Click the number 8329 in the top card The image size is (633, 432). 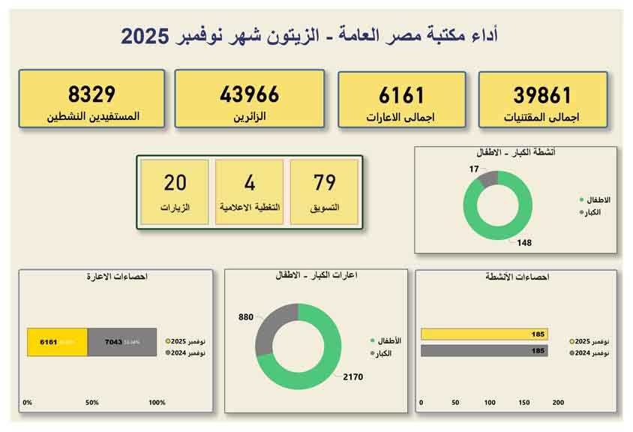91,94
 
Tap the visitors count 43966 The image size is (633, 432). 250,94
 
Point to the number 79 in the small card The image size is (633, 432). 325,182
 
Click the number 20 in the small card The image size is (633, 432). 175,182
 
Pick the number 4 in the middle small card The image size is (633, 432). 250,182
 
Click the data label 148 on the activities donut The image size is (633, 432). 525,242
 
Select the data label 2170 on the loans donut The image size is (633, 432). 352,376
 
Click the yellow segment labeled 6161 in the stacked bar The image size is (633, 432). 57,342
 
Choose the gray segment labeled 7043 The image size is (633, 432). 122,342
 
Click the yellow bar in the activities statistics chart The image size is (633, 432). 484,334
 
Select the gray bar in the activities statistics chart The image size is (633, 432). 484,350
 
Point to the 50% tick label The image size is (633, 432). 92,403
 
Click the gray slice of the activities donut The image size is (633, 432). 487,179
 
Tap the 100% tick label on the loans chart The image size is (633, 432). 157,403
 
